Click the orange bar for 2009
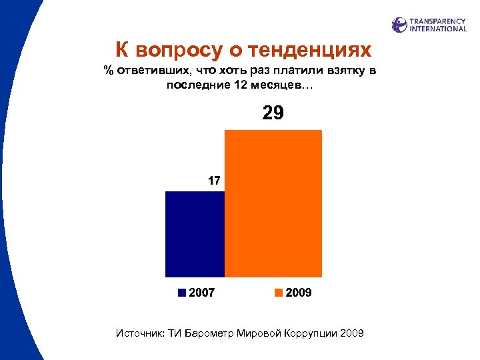(273, 203)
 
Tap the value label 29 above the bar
(273, 113)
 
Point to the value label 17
(213, 180)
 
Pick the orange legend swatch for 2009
(279, 293)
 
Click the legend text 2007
(202, 293)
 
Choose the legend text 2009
(299, 293)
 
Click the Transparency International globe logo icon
(399, 25)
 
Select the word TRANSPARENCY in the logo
(438, 21)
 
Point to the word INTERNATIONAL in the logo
(438, 29)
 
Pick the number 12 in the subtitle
(241, 85)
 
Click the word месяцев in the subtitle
(277, 85)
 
